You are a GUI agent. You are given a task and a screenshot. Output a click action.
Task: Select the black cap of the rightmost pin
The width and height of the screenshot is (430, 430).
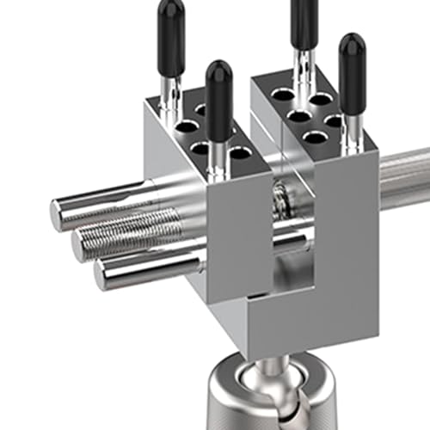coord(351,61)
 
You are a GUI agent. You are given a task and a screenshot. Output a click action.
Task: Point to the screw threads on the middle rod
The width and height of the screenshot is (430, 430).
coord(138,230)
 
